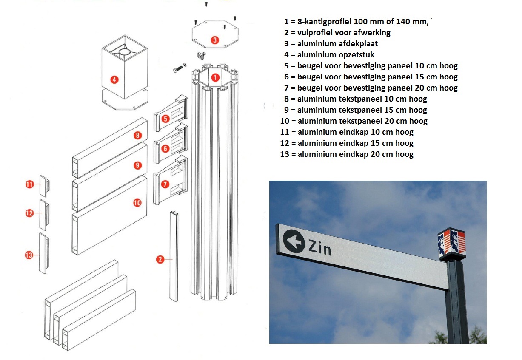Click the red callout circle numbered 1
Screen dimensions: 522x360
click(215, 77)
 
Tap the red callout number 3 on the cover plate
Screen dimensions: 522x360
click(214, 40)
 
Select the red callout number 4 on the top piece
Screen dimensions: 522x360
click(114, 80)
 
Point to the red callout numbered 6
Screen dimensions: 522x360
click(165, 149)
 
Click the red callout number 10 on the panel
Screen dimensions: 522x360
click(137, 203)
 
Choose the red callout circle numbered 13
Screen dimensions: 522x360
click(29, 255)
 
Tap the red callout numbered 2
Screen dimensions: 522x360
click(160, 259)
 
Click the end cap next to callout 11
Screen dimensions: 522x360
click(44, 186)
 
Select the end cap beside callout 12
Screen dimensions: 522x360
click(44, 215)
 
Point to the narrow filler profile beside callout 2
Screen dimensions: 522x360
click(174, 256)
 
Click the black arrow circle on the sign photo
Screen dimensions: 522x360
click(294, 241)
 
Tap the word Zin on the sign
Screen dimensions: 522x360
click(319, 247)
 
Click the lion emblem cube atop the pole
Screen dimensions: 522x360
click(452, 244)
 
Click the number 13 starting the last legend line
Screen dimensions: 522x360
click(285, 154)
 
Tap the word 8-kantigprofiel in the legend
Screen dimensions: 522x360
click(324, 22)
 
